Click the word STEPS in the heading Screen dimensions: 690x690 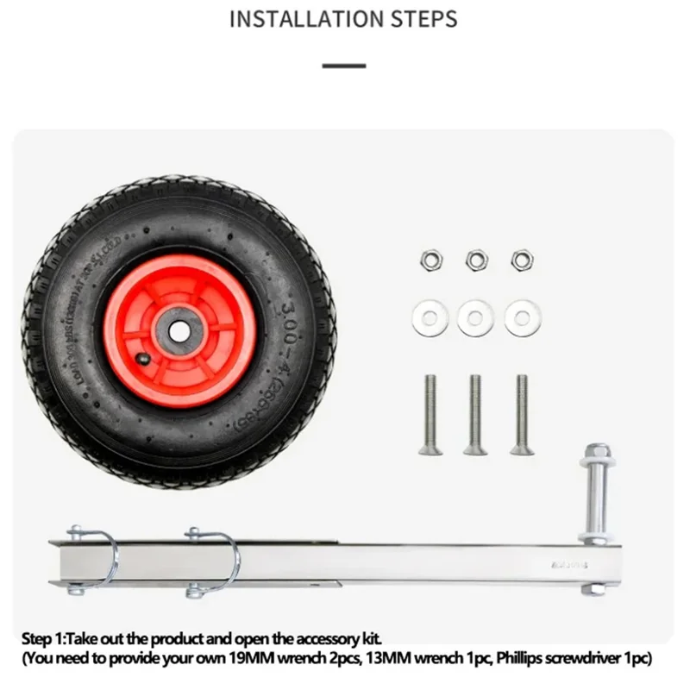click(x=422, y=19)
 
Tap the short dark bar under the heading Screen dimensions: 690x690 click(x=343, y=66)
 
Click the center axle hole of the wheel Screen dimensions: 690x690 click(x=180, y=331)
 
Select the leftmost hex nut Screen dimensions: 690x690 click(x=428, y=260)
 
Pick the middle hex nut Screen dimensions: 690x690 click(x=475, y=260)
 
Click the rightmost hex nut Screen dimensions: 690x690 click(x=521, y=260)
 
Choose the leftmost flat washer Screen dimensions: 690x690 click(x=429, y=317)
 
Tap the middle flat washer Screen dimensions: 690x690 click(x=475, y=317)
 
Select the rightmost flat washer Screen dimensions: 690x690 click(x=522, y=317)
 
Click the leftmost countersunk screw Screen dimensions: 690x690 click(x=430, y=414)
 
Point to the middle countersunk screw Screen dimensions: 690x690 click(x=475, y=414)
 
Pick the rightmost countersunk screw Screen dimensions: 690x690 click(x=521, y=414)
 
